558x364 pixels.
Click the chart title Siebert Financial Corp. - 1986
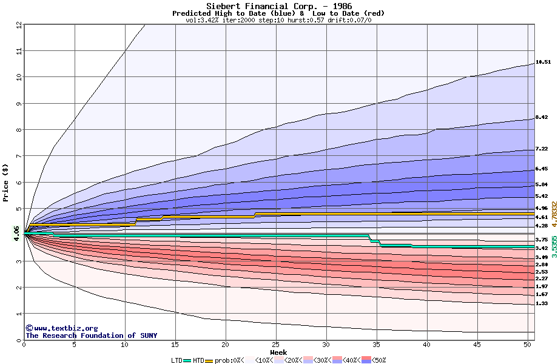click(278, 6)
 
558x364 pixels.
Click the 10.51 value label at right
click(542, 62)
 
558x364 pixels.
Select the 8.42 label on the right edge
click(542, 118)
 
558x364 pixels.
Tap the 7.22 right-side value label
click(542, 149)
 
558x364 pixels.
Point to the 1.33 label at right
click(542, 303)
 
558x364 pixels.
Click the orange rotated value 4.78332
click(554, 209)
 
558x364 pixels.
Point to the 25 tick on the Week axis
click(276, 345)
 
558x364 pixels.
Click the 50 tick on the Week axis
click(528, 345)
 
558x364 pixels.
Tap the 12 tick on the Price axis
click(18, 25)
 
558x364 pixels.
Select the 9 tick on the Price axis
click(18, 104)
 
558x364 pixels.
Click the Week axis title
click(278, 352)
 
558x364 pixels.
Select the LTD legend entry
click(177, 360)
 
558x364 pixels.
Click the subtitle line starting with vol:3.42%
click(278, 20)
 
